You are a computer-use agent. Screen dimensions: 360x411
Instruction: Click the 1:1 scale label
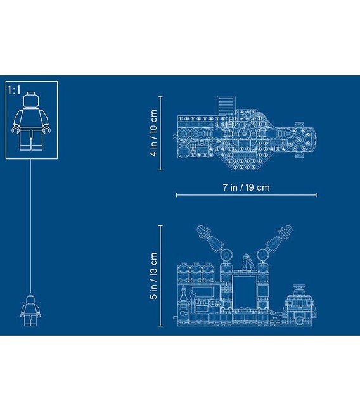coord(14,91)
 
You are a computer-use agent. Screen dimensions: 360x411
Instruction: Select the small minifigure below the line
coord(30,310)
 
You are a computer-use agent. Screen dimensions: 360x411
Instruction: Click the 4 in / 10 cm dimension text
coord(153,133)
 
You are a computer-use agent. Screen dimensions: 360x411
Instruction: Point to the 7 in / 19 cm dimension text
coord(246,187)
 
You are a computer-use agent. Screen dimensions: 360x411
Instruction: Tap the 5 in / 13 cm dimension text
coord(153,275)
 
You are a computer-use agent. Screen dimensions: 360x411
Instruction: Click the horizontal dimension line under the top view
coord(246,195)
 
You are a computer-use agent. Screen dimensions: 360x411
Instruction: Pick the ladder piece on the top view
coord(226,105)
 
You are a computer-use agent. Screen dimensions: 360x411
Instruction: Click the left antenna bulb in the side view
coord(202,231)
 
